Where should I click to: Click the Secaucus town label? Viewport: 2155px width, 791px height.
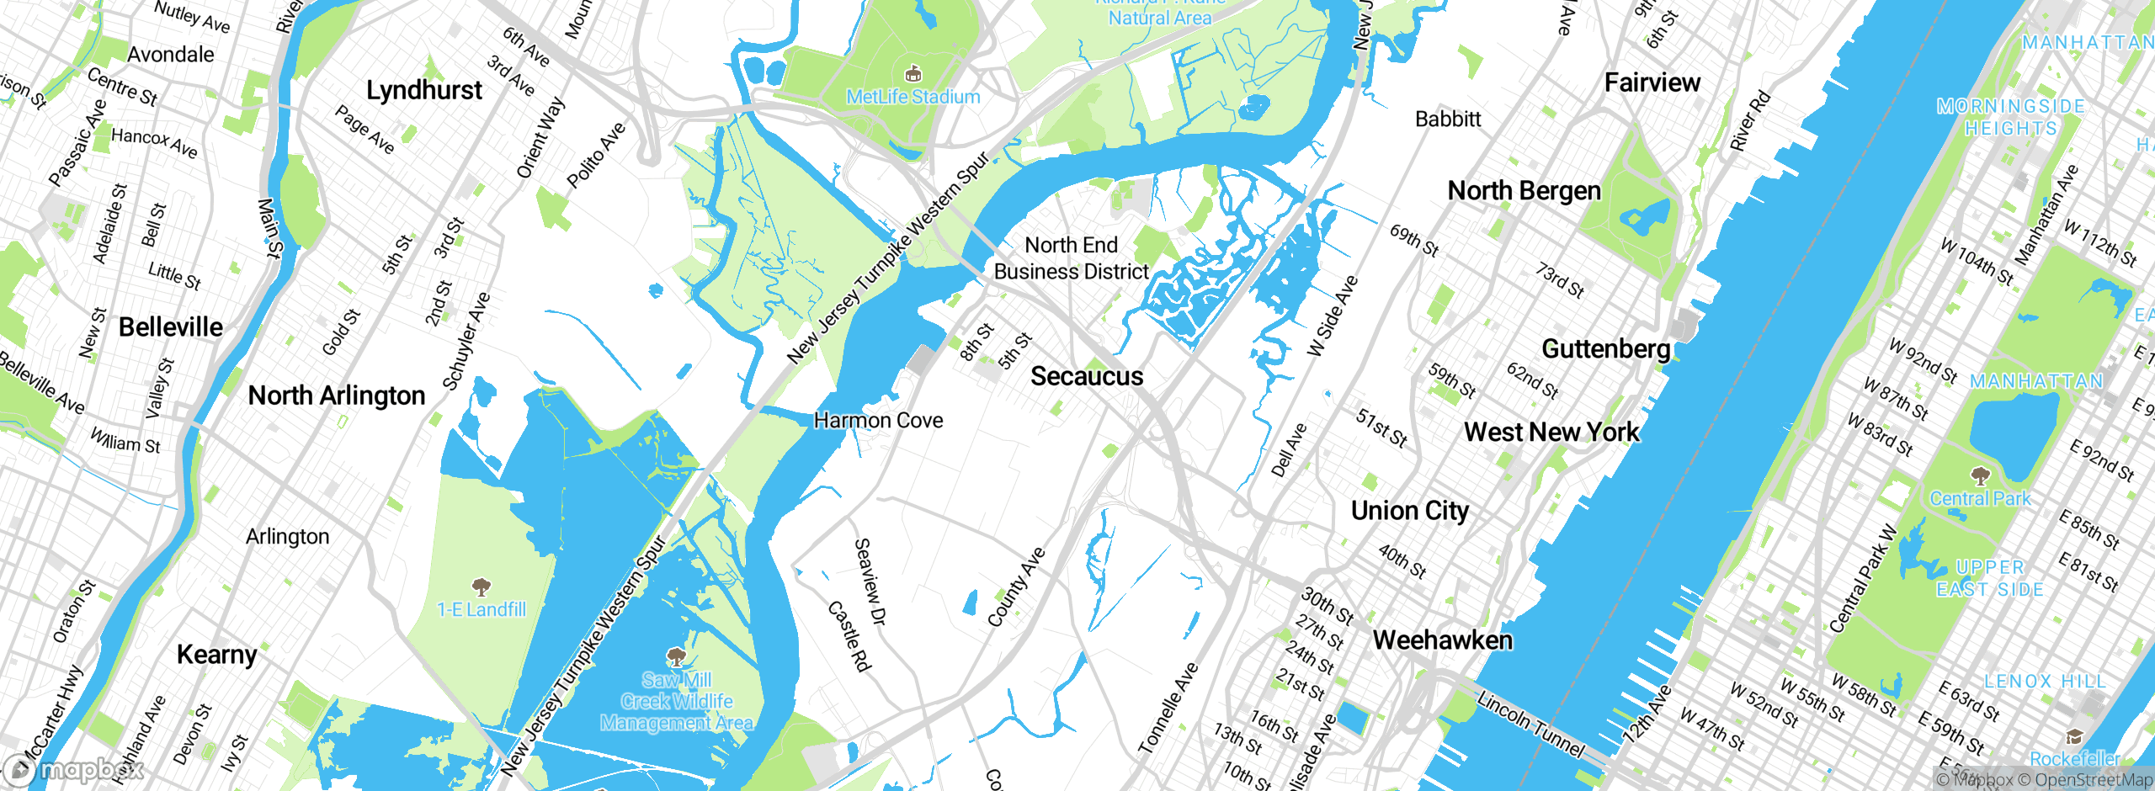coord(1087,376)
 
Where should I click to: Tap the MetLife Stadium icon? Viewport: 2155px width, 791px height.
coord(913,75)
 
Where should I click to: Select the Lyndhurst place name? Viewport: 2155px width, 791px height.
coord(424,90)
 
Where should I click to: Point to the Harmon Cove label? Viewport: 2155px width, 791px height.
coord(878,420)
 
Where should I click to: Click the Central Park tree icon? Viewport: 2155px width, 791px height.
coord(1980,477)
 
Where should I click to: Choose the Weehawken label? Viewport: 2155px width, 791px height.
coord(1442,640)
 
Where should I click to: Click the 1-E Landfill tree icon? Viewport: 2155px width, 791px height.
coord(481,587)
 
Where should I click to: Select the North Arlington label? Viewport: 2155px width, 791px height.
coord(337,395)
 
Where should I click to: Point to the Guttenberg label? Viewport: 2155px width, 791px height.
coord(1605,348)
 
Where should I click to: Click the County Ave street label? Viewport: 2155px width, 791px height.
coord(1016,587)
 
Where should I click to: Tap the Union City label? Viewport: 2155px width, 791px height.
coord(1410,511)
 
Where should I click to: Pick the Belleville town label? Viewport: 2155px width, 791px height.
coord(171,327)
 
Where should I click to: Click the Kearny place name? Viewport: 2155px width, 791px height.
coord(217,655)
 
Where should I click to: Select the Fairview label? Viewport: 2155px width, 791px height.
coord(1652,82)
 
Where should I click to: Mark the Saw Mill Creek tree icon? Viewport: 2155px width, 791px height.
coord(676,656)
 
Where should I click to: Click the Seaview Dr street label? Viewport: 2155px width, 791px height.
coord(870,582)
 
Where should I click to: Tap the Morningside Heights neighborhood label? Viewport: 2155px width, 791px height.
coord(2010,118)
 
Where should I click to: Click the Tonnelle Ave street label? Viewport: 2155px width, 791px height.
coord(1168,708)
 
